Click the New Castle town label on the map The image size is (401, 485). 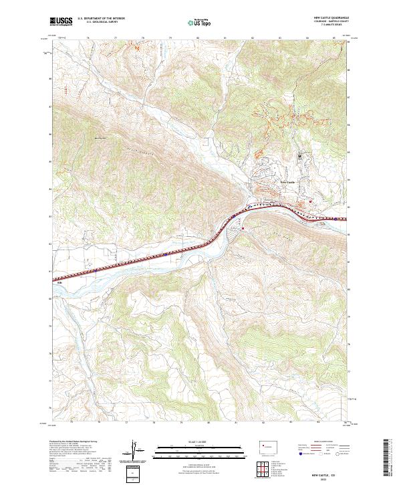click(287, 181)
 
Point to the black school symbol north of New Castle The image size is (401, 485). click(300, 156)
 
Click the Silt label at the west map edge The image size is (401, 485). click(59, 282)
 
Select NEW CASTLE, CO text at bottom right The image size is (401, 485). click(325, 472)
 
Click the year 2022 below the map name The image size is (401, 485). click(325, 478)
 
